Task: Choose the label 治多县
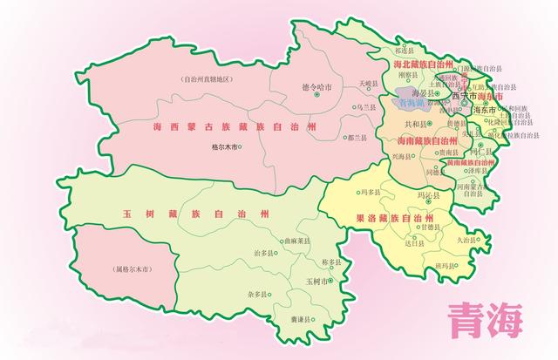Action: coord(263,253)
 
